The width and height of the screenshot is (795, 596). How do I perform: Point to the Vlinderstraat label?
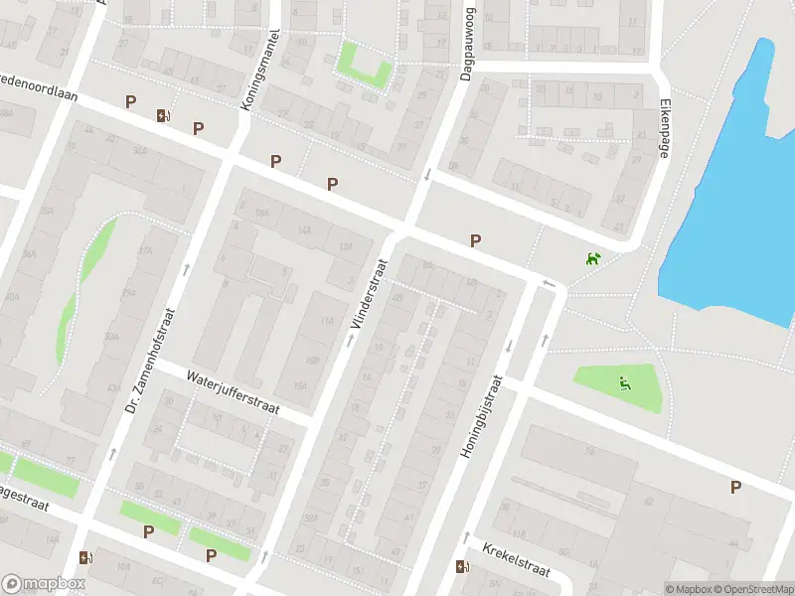(368, 294)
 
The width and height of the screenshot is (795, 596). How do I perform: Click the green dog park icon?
(593, 259)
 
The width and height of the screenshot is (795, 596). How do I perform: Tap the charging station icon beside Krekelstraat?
(461, 567)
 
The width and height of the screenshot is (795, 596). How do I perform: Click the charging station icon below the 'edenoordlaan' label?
(162, 115)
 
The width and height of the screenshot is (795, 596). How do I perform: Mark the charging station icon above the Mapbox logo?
(86, 557)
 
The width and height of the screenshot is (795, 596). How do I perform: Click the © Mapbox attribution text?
(689, 589)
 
